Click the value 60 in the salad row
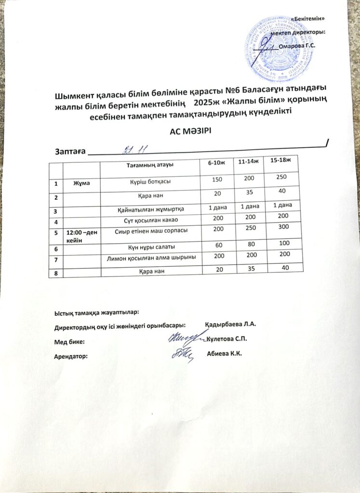click(218, 245)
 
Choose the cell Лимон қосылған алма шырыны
click(152, 258)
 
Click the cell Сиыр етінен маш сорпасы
click(150, 232)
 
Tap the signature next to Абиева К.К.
click(184, 355)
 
